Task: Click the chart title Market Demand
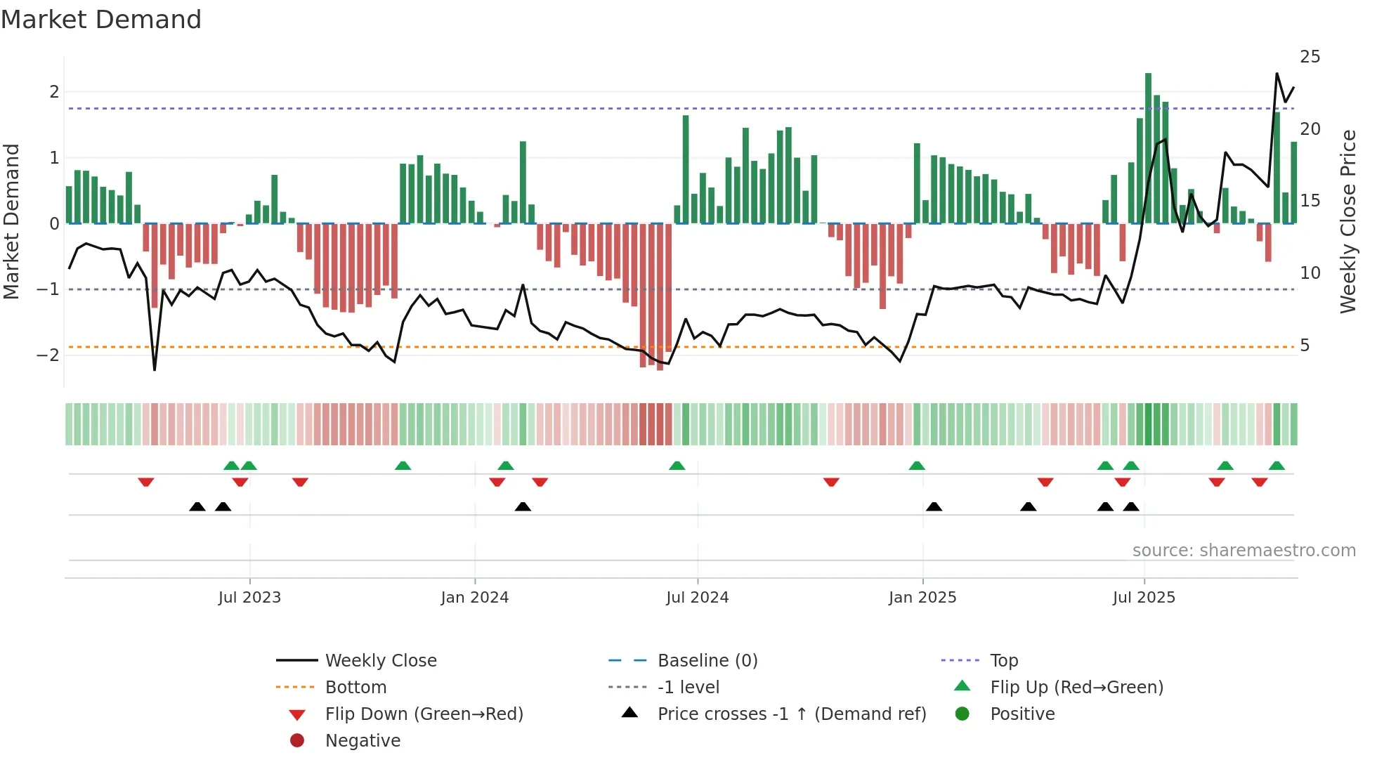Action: pyautogui.click(x=101, y=20)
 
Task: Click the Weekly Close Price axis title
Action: pyautogui.click(x=1347, y=221)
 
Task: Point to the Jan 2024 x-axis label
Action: pyautogui.click(x=474, y=598)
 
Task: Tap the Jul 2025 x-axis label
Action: pyautogui.click(x=1143, y=598)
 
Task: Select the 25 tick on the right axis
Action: pyautogui.click(x=1310, y=57)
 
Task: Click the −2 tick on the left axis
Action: pyautogui.click(x=48, y=355)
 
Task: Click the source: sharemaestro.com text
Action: pyautogui.click(x=1244, y=551)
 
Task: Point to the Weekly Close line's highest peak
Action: pyautogui.click(x=1277, y=74)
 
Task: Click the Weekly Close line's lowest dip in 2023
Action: pyautogui.click(x=155, y=369)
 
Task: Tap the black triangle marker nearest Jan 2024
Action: pyautogui.click(x=523, y=506)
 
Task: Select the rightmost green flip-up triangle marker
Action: pyautogui.click(x=1277, y=466)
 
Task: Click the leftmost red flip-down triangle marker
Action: pyautogui.click(x=146, y=482)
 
